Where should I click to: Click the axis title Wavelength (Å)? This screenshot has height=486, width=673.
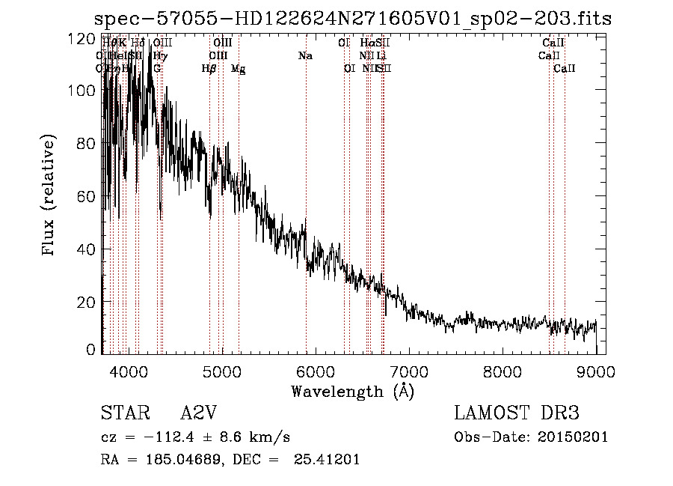[352, 391]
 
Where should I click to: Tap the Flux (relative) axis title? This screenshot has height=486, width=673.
[50, 195]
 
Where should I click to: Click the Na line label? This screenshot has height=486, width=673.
[305, 56]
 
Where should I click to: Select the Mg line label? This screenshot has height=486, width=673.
[238, 69]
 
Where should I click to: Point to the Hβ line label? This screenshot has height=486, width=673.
[209, 69]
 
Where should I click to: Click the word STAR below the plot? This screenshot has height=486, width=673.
[120, 413]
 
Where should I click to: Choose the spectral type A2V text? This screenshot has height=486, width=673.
[198, 413]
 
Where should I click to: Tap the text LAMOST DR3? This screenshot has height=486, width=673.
[516, 413]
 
